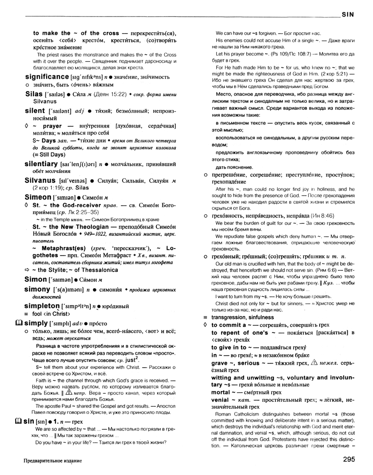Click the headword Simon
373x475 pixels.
(x=36, y=279)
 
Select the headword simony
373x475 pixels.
(x=39, y=289)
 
